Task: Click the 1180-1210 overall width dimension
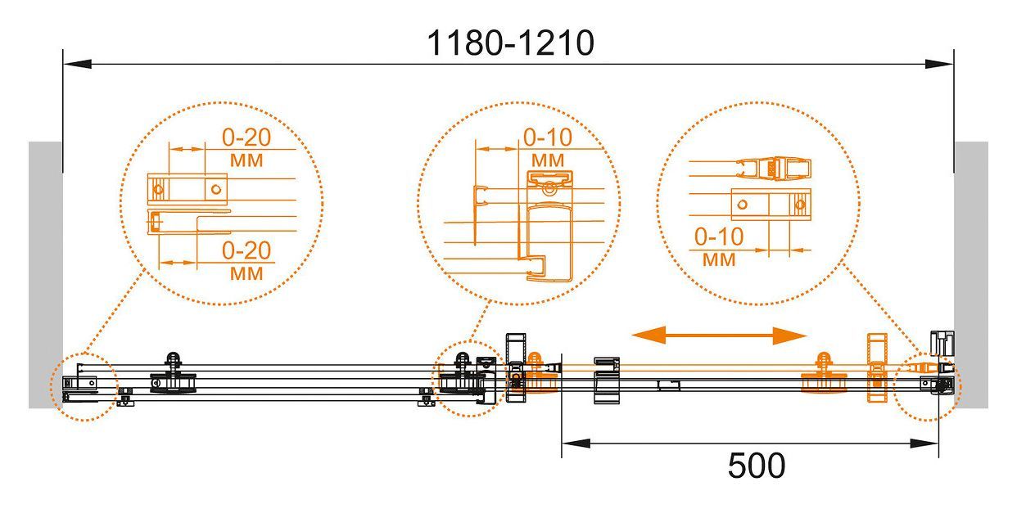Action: pyautogui.click(x=511, y=43)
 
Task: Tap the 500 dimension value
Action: pyautogui.click(x=757, y=466)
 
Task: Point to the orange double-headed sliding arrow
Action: pyautogui.click(x=719, y=336)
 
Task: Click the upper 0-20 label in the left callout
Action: pyautogui.click(x=246, y=137)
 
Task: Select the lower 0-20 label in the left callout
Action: pyautogui.click(x=246, y=250)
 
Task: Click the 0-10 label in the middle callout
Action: pyautogui.click(x=548, y=137)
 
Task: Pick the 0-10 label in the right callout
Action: pyautogui.click(x=719, y=236)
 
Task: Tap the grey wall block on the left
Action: pyautogui.click(x=45, y=275)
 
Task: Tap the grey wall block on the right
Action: pyautogui.click(x=971, y=275)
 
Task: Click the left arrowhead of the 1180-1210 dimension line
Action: pyautogui.click(x=77, y=64)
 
